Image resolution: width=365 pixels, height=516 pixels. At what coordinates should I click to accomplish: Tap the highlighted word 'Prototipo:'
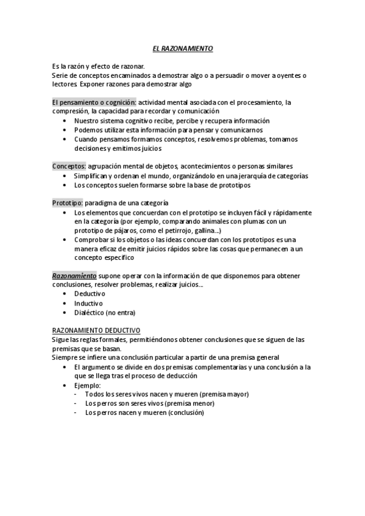click(68, 203)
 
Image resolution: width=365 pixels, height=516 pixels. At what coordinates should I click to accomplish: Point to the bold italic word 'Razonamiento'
click(74, 276)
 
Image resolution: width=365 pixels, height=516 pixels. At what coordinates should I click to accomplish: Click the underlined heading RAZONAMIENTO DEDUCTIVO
click(96, 330)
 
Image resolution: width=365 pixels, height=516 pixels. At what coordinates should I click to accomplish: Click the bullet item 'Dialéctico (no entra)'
click(104, 312)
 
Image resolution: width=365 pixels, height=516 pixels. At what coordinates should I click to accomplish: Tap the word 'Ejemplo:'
click(88, 385)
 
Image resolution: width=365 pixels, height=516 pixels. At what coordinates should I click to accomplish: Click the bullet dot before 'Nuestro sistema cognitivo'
click(65, 121)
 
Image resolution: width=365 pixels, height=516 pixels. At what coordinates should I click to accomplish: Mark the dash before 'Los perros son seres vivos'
click(76, 403)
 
